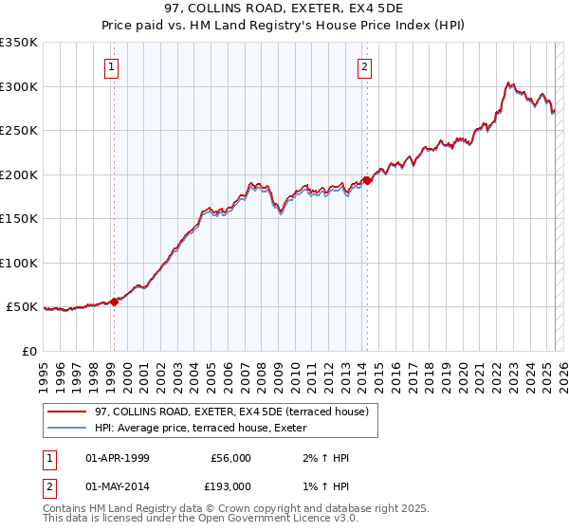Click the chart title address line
tap(284, 9)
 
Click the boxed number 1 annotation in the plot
tap(112, 66)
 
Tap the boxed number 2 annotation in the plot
tap(364, 66)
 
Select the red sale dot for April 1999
tap(115, 302)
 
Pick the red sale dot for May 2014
tap(367, 180)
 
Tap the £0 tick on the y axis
tap(29, 351)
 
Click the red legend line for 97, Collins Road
tap(67, 411)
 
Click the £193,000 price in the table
tap(229, 485)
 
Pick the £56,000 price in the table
tap(229, 458)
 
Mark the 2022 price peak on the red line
tap(508, 82)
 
